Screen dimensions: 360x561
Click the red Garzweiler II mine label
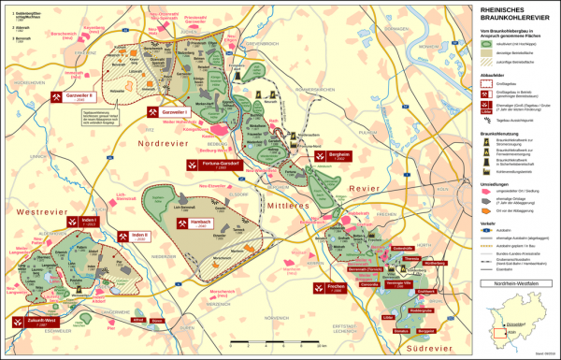(80, 96)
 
